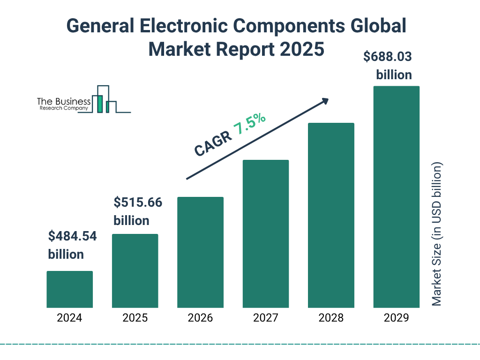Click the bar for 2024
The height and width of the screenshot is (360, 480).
click(x=69, y=289)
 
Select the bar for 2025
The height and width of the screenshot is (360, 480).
click(x=135, y=271)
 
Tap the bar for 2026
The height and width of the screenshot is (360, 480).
click(x=200, y=252)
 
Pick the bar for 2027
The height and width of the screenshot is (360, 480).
click(x=265, y=234)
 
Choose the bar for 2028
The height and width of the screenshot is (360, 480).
click(x=331, y=215)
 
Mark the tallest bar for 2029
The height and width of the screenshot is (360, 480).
click(x=396, y=197)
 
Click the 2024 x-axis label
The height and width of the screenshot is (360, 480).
click(x=69, y=318)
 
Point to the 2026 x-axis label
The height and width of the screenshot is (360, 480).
click(x=200, y=318)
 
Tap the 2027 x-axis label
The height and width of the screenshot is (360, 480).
click(x=265, y=318)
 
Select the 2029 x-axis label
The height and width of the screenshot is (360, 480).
click(x=396, y=318)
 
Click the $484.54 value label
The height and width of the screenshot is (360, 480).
click(x=72, y=236)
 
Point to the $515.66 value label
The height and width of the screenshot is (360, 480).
click(x=138, y=202)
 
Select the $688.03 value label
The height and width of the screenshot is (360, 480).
click(x=388, y=57)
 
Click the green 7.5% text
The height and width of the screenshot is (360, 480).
click(x=250, y=125)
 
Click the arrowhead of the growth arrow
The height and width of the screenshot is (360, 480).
click(x=325, y=101)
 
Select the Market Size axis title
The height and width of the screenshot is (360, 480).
click(x=437, y=234)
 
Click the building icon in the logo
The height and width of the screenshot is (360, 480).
click(x=105, y=99)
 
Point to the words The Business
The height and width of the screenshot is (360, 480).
click(x=64, y=102)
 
